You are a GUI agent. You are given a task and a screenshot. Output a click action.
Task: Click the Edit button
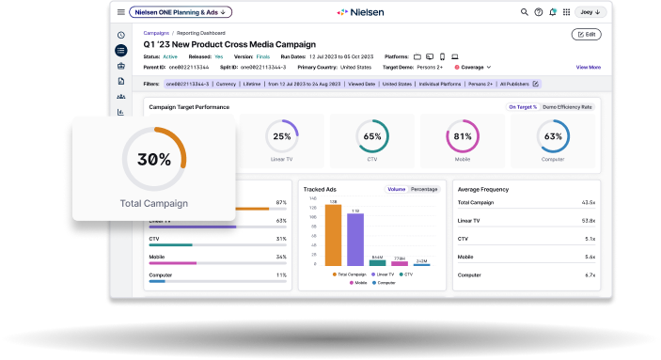pos(586,34)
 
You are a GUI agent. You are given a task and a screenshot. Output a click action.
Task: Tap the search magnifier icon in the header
pos(525,12)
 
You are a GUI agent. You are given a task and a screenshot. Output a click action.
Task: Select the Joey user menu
pos(590,12)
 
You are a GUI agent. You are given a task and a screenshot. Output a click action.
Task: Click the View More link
pos(588,67)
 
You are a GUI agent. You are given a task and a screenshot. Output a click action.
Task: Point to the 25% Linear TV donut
pos(281,136)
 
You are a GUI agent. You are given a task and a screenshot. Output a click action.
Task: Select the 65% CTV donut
pos(372,136)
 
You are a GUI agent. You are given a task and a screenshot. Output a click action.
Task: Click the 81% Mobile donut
pos(462,136)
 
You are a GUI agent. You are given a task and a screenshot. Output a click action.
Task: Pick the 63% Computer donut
pos(553,136)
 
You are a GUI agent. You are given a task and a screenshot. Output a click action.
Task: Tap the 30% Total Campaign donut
pos(153,160)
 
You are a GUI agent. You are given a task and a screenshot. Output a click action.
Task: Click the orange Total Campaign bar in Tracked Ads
pos(333,234)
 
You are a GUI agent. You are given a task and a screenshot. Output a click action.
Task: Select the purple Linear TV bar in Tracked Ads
pos(354,239)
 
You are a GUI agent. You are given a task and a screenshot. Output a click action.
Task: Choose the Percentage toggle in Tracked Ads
pos(424,189)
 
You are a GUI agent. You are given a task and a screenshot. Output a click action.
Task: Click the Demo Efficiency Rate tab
pos(567,107)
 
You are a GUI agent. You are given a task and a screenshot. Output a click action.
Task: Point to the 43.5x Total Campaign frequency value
pos(588,202)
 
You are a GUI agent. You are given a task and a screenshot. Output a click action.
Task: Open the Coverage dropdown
pos(473,67)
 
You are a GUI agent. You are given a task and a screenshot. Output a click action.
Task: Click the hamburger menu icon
pos(121,12)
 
